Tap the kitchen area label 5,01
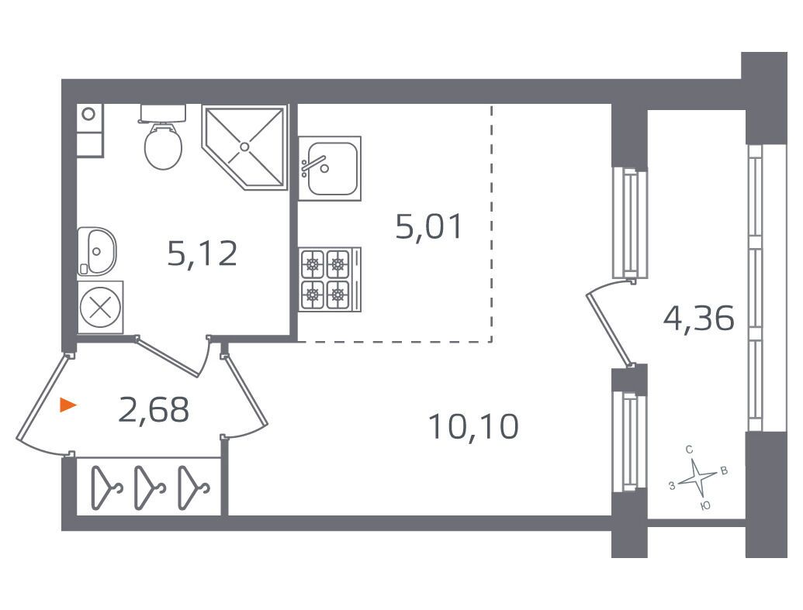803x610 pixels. point(429,227)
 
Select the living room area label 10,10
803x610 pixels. point(472,426)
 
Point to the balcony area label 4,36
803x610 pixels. point(698,317)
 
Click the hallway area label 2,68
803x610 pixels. point(154,410)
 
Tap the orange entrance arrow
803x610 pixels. point(69,405)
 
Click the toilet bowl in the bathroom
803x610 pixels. point(164,147)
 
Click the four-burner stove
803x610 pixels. point(326,279)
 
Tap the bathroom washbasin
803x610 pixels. point(98,249)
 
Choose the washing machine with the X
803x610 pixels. point(100,307)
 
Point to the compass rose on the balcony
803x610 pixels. point(697,477)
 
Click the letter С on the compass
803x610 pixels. point(689,450)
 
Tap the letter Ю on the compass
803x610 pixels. point(704,505)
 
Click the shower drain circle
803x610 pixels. point(245,145)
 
